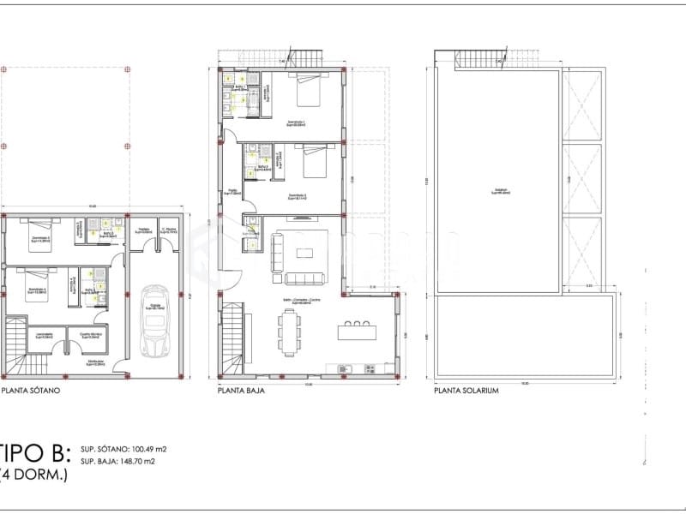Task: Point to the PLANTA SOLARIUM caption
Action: (466, 390)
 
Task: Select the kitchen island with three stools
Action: (358, 329)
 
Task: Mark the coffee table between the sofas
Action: (305, 252)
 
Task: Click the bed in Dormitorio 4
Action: (34, 284)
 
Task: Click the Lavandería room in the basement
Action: (45, 336)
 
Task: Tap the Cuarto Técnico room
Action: (91, 336)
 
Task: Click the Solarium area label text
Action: (499, 191)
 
